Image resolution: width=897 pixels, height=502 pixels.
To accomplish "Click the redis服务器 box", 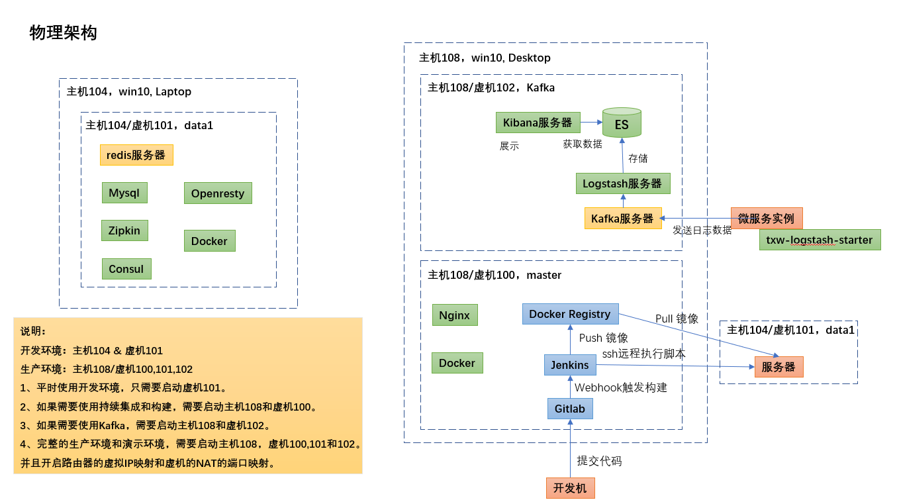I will point(136,155).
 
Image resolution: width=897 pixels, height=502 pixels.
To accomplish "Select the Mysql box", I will point(124,193).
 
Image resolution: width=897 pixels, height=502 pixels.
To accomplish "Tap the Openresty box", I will point(218,193).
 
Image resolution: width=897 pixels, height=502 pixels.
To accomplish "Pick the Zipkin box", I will point(124,230).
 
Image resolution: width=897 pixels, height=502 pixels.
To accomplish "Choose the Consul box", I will point(126,269).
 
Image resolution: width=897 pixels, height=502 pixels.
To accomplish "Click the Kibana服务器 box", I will point(538,123).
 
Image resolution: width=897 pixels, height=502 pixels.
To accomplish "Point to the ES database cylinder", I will point(622,123).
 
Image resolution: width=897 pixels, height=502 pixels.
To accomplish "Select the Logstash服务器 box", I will point(622,183).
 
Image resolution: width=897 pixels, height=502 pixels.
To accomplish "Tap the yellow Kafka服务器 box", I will point(622,219).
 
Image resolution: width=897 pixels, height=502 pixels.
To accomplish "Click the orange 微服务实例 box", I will point(767,218).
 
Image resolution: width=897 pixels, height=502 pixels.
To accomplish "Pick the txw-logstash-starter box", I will point(820,240).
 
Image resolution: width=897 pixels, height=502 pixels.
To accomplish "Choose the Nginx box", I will point(454,315).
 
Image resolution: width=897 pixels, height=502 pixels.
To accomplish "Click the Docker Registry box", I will point(570,314).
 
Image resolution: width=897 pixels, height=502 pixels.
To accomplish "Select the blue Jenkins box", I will point(570,365).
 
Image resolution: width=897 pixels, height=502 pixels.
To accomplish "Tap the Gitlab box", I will point(570,409).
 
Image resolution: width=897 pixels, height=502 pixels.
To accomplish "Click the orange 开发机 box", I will point(570,488).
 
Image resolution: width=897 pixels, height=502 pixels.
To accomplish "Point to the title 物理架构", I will point(64,33).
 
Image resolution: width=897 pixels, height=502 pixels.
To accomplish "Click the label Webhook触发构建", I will point(620,387).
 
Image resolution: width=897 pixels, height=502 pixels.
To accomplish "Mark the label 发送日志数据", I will point(702,230).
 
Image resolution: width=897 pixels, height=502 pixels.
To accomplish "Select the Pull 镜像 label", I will point(677,319).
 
